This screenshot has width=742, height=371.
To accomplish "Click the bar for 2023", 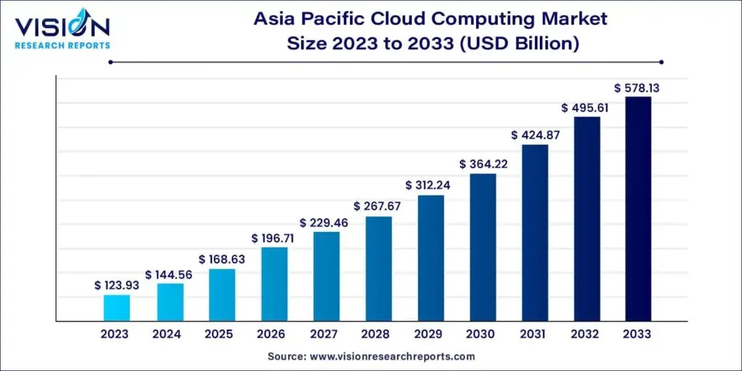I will (x=117, y=307).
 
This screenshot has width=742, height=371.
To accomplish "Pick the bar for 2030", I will (x=483, y=247).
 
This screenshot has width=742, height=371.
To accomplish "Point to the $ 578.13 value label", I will (x=638, y=88).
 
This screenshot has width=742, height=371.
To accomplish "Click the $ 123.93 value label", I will (x=117, y=285).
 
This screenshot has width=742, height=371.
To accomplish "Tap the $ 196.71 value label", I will (x=274, y=238).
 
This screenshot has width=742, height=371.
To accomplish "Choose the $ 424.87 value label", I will (x=535, y=135).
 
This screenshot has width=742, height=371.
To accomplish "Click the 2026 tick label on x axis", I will (x=274, y=334).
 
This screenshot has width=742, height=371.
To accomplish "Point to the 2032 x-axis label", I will (x=586, y=334).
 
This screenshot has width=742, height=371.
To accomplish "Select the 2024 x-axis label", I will (x=169, y=334).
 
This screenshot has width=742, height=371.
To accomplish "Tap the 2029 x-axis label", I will (x=430, y=334).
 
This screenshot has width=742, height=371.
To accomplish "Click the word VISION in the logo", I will (x=61, y=27).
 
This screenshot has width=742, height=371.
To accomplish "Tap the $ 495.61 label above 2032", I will (x=586, y=107).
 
